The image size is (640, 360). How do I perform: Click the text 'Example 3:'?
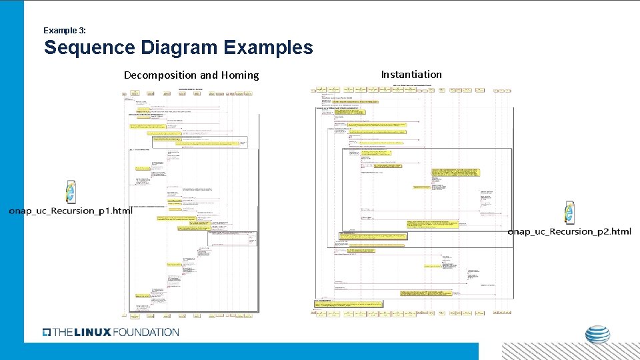64,31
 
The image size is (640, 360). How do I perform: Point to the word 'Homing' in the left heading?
241,75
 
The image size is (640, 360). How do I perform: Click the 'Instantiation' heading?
411,75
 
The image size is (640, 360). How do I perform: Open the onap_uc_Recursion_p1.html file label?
70,211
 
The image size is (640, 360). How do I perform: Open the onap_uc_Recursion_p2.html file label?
569,231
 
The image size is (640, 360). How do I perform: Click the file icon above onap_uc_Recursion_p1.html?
70,192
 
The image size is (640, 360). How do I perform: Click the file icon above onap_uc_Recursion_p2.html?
569,213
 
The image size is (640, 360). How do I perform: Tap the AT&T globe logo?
597,335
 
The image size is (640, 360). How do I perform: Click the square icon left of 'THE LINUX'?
46,332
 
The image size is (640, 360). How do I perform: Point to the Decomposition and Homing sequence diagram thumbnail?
191,200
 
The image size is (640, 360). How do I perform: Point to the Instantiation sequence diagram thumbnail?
413,200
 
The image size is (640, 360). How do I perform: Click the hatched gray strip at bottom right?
570,351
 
